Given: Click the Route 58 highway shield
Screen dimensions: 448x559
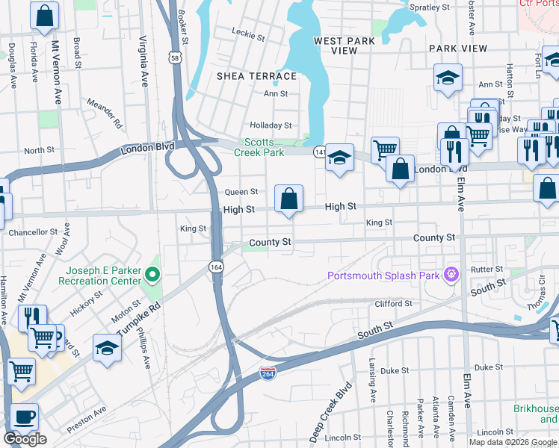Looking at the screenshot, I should click(x=174, y=57).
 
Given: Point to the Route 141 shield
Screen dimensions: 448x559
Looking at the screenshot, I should click(x=319, y=151).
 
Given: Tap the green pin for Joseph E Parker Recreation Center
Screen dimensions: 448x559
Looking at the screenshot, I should click(x=152, y=276).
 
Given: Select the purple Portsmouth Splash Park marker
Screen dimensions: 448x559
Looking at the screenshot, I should click(x=451, y=276).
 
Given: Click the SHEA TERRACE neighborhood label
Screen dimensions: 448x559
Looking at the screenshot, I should click(x=256, y=76).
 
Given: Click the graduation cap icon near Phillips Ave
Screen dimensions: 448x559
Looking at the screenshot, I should click(x=108, y=347).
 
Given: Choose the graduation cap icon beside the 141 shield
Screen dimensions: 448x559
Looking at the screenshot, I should click(x=339, y=158).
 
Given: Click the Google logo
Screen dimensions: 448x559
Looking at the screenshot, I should click(x=25, y=439).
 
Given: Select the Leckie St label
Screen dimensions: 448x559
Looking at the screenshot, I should click(x=248, y=34).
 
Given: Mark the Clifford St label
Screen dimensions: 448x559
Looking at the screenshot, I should click(x=393, y=304).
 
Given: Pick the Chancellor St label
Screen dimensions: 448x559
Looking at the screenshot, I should click(x=33, y=233).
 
